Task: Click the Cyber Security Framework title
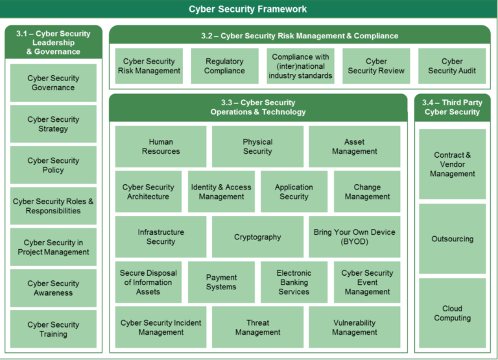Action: pyautogui.click(x=248, y=9)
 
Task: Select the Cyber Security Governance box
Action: pyautogui.click(x=53, y=83)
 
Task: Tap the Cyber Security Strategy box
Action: pyautogui.click(x=53, y=124)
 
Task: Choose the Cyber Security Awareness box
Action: pyautogui.click(x=53, y=288)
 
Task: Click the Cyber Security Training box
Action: pyautogui.click(x=53, y=329)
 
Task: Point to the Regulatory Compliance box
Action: pyautogui.click(x=224, y=66)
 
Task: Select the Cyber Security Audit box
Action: pyautogui.click(x=452, y=66)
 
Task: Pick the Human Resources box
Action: pyautogui.click(x=161, y=147)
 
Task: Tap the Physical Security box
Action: pyautogui.click(x=257, y=147)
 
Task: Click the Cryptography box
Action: pyautogui.click(x=257, y=237)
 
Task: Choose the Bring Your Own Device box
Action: pyautogui.click(x=354, y=237)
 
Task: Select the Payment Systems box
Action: pyautogui.click(x=221, y=282)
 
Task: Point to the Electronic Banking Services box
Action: pyautogui.click(x=294, y=282)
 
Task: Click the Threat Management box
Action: pyautogui.click(x=257, y=328)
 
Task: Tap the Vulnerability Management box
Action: pyautogui.click(x=354, y=328)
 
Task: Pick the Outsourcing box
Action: pyautogui.click(x=452, y=239)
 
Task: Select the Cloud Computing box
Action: pyautogui.click(x=452, y=313)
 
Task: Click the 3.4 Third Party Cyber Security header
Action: pyautogui.click(x=452, y=107)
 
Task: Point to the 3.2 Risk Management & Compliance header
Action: pyautogui.click(x=300, y=35)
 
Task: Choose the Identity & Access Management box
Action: pyautogui.click(x=221, y=192)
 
